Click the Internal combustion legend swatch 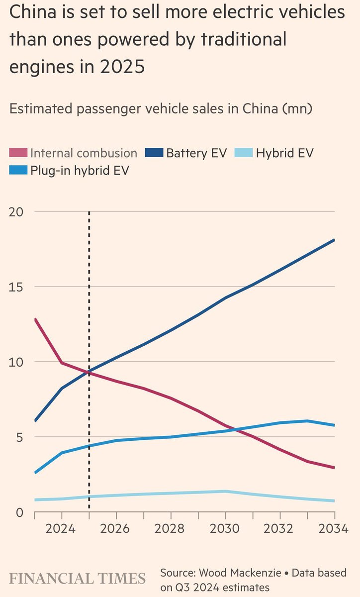[18, 153]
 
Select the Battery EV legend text [196, 153]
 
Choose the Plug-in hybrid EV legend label [80, 170]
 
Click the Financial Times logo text [78, 579]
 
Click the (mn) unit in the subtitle [298, 108]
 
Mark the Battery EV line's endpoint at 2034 [334, 240]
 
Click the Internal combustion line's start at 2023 [35, 319]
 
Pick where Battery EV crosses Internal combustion [88, 372]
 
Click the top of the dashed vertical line [89, 212]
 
